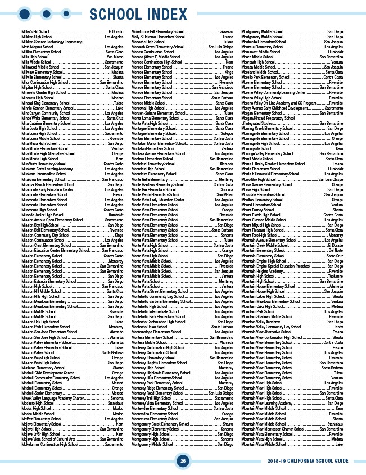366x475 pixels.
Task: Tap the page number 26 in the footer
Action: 183,461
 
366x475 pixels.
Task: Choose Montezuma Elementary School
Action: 157,418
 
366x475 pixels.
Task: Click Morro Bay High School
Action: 261,179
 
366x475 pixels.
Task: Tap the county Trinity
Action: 338,327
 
